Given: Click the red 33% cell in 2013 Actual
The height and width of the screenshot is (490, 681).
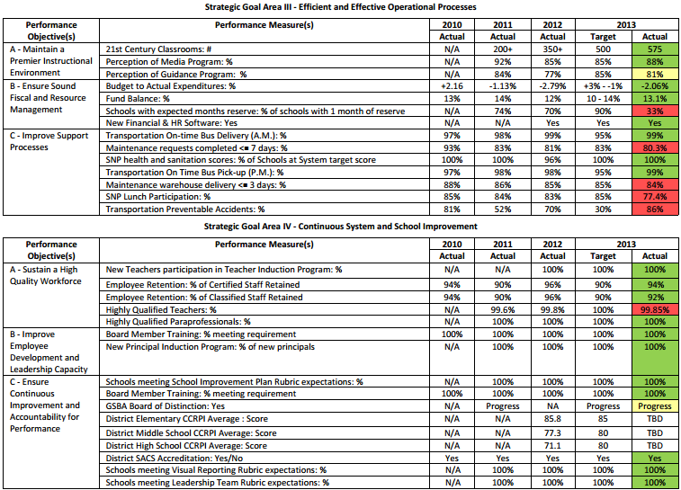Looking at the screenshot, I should (654, 111).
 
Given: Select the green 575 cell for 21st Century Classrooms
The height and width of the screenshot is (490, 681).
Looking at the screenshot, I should (654, 49).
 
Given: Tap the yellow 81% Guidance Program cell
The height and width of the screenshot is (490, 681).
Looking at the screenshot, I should (654, 74).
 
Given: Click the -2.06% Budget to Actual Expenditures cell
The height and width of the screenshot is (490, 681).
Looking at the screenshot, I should (654, 86).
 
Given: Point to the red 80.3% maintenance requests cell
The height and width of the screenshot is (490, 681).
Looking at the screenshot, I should (654, 147).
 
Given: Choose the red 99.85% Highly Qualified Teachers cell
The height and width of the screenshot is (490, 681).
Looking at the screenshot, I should (654, 308).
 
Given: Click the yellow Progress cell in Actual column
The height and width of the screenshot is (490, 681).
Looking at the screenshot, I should (654, 405).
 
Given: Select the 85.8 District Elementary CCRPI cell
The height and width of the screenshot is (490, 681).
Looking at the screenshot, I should (553, 418).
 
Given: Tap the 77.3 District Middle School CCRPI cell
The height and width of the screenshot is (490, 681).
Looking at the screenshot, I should (553, 432).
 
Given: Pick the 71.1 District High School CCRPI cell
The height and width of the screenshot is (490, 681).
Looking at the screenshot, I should (553, 444).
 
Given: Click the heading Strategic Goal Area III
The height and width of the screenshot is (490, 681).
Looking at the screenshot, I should (340, 6).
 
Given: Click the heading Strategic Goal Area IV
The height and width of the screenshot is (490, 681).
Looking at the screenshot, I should (340, 226).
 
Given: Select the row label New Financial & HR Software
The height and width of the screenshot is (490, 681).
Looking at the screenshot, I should (172, 122).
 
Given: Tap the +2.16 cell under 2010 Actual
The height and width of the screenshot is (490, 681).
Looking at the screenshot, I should (452, 86).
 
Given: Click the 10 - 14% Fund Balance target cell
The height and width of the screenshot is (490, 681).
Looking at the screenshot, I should (603, 98).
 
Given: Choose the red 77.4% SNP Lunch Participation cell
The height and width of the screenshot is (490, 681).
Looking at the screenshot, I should (654, 196).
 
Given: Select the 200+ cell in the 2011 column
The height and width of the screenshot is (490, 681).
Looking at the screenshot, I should (503, 49).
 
